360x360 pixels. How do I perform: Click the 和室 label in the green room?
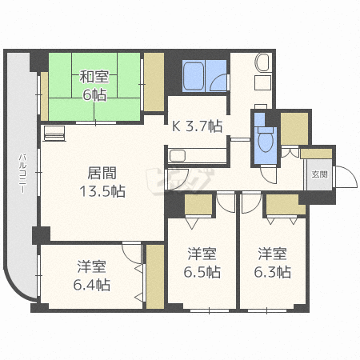(94, 77)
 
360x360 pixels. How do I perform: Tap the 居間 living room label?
(102, 173)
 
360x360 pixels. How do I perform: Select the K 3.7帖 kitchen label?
(197, 126)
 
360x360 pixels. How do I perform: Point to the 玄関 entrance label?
(319, 174)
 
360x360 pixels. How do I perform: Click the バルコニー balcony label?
(22, 173)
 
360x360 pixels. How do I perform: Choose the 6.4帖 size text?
(92, 285)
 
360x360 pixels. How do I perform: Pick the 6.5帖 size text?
(202, 272)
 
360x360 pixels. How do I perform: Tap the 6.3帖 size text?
(272, 272)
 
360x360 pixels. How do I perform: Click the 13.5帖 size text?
(102, 191)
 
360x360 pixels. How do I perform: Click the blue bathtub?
(194, 76)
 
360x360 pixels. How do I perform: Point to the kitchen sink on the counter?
(178, 156)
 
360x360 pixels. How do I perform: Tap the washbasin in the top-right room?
(262, 62)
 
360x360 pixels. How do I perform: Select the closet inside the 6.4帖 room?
(155, 277)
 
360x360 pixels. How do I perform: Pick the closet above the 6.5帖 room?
(198, 204)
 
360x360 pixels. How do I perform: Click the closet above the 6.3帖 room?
(286, 204)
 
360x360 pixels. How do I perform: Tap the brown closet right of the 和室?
(154, 82)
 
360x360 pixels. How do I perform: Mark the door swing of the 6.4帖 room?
(131, 254)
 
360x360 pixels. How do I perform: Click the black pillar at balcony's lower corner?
(41, 235)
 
